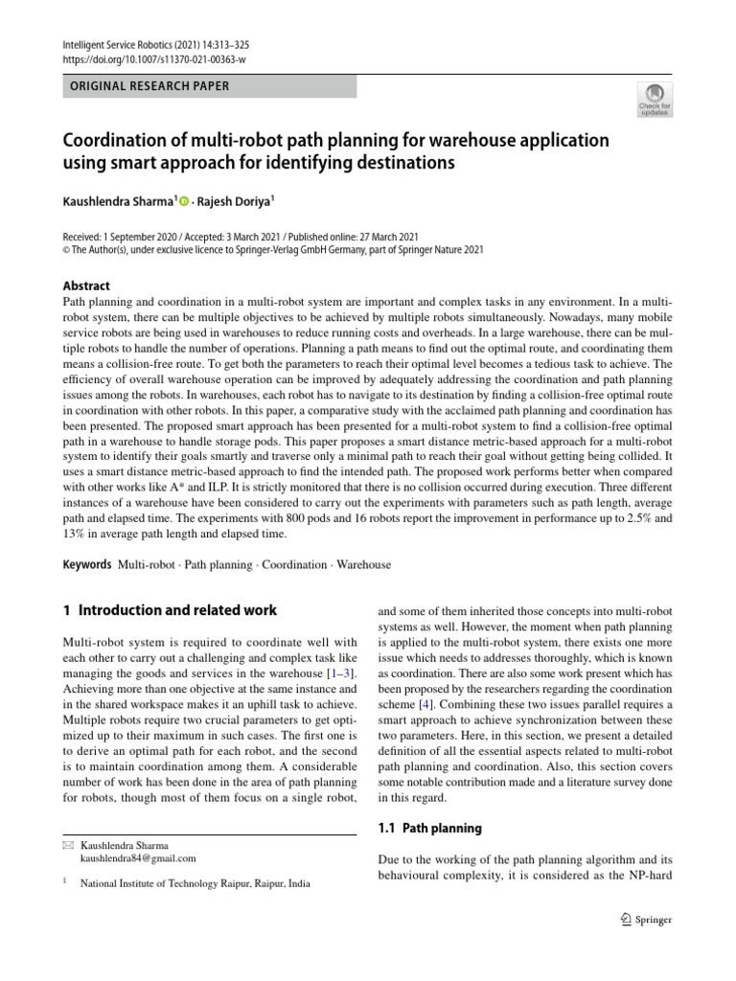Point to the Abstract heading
point(86,285)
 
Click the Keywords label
point(87,564)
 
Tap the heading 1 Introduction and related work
point(170,610)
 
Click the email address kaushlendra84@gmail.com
point(138,858)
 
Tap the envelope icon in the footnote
point(68,845)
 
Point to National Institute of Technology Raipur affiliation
point(195,887)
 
